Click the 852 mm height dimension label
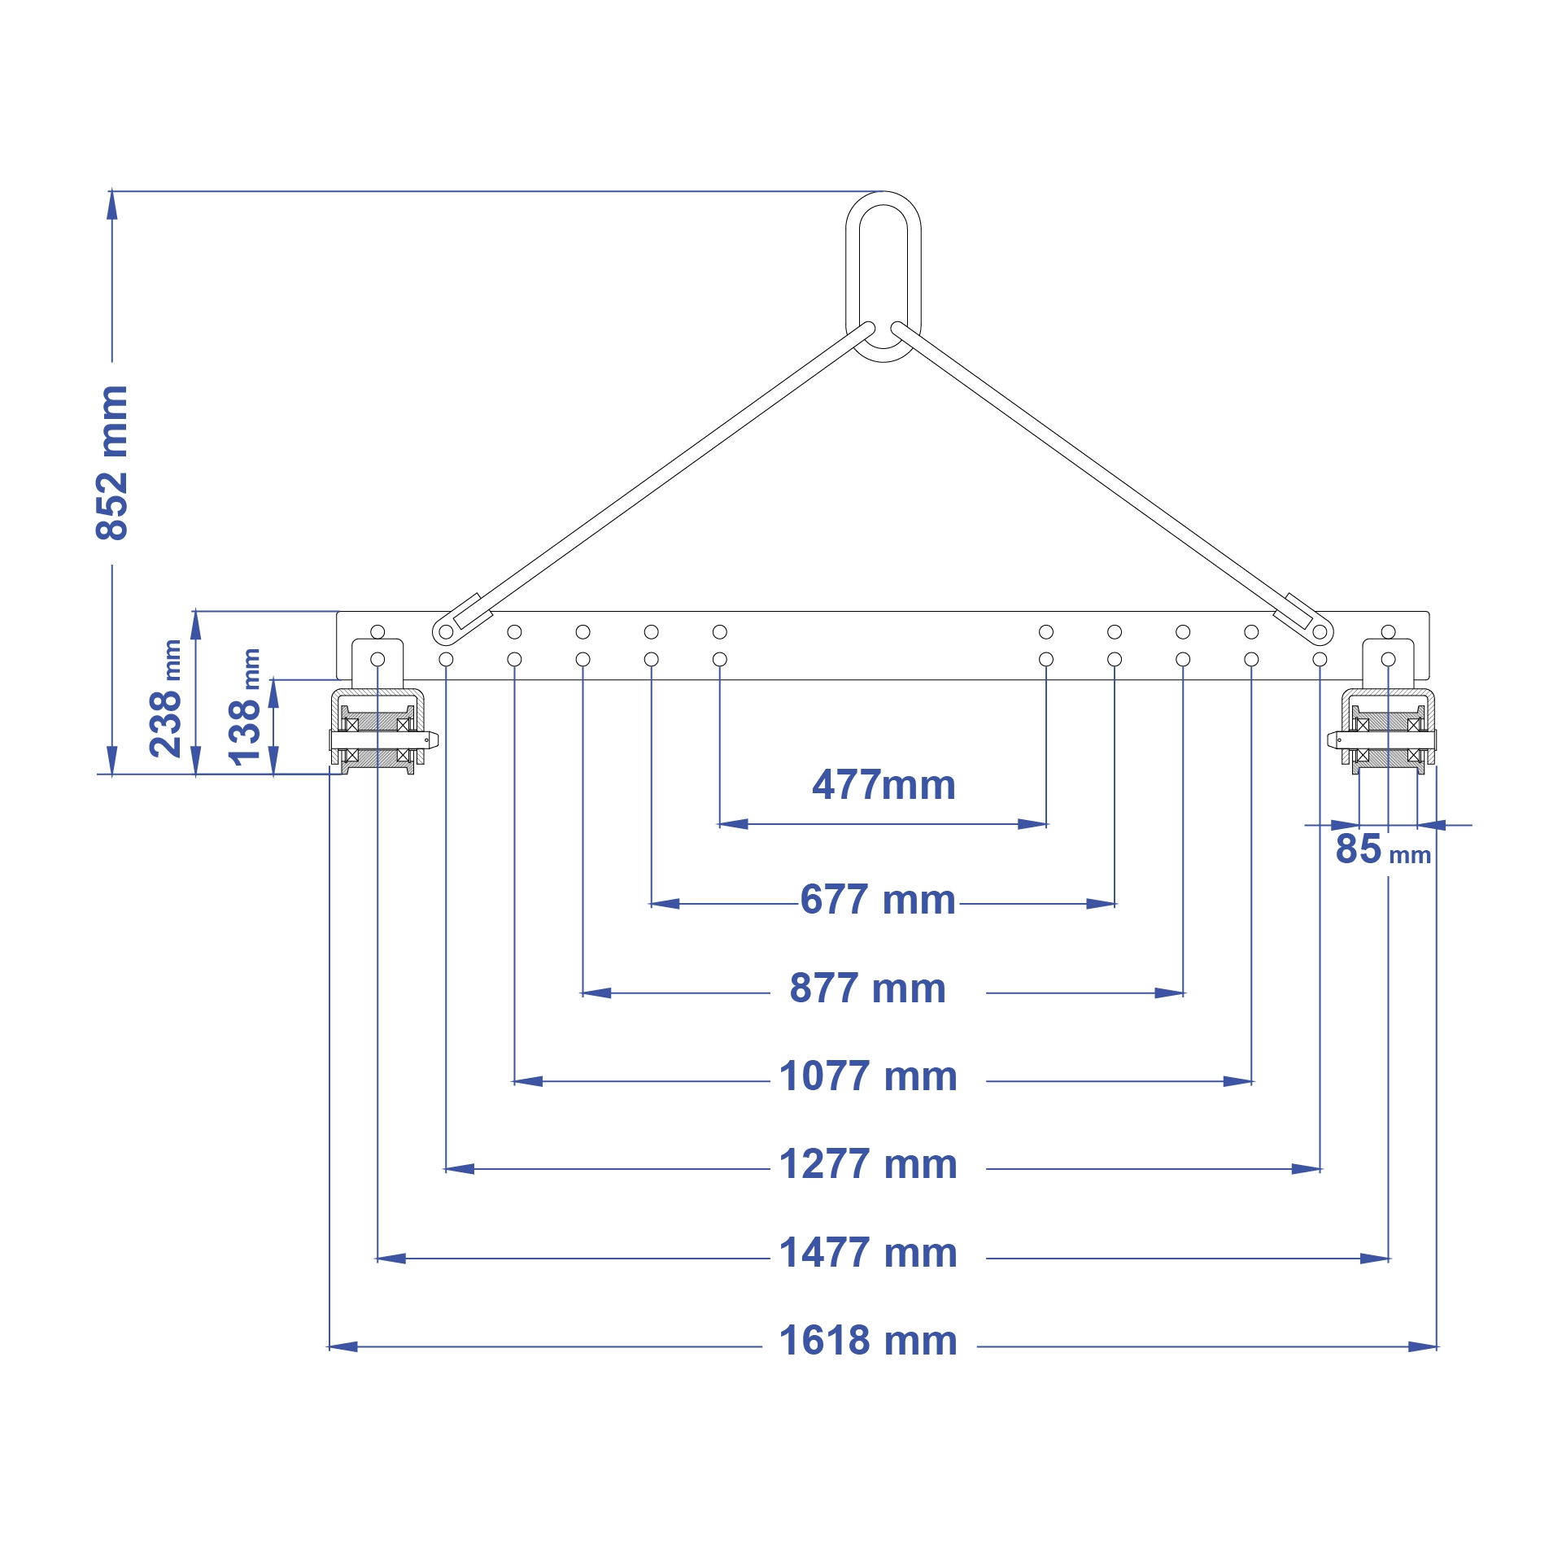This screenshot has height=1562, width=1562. point(112,464)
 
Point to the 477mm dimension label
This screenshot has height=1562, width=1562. point(884,786)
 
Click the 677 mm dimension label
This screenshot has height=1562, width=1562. point(878,901)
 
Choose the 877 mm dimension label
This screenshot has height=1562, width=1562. point(868,989)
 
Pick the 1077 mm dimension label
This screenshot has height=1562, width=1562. point(868,1077)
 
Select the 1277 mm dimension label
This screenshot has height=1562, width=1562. point(868,1165)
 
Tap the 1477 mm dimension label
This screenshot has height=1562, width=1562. point(868,1254)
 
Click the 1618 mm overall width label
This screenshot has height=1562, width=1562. point(868,1342)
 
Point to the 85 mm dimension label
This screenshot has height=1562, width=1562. point(1382,849)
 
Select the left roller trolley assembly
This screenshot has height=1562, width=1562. point(379,732)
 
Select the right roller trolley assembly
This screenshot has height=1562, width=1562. point(1386,732)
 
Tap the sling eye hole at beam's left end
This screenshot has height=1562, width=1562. point(446,632)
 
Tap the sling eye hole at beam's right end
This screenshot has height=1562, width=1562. point(1320,632)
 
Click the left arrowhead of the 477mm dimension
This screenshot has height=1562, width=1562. point(733,824)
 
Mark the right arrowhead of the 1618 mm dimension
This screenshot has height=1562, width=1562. point(1423,1346)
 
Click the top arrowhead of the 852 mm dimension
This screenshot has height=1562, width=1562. point(112,206)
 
